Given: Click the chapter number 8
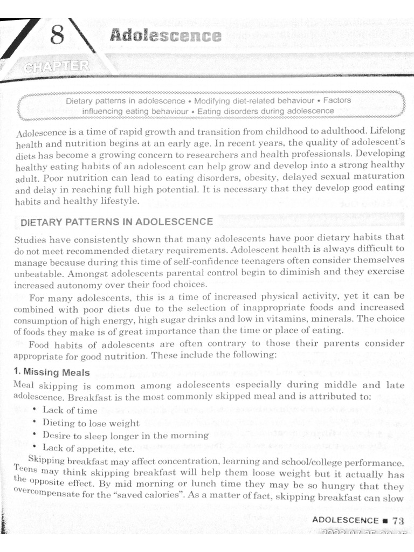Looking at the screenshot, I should pos(57,37).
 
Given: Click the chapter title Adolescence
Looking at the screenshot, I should pos(165,37).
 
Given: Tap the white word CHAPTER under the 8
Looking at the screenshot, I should pos(57,67).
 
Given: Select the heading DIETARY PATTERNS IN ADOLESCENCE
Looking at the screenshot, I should pos(116,222).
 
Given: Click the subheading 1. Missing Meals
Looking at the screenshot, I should pos(49,372).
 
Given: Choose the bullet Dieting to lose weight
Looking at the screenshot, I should pos(91,423).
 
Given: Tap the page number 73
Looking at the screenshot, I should pos(398,520).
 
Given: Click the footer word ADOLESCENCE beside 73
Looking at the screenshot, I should pos(346,520).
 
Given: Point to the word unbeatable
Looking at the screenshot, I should pos(34,274).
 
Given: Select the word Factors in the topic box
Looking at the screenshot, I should pos(337,100).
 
